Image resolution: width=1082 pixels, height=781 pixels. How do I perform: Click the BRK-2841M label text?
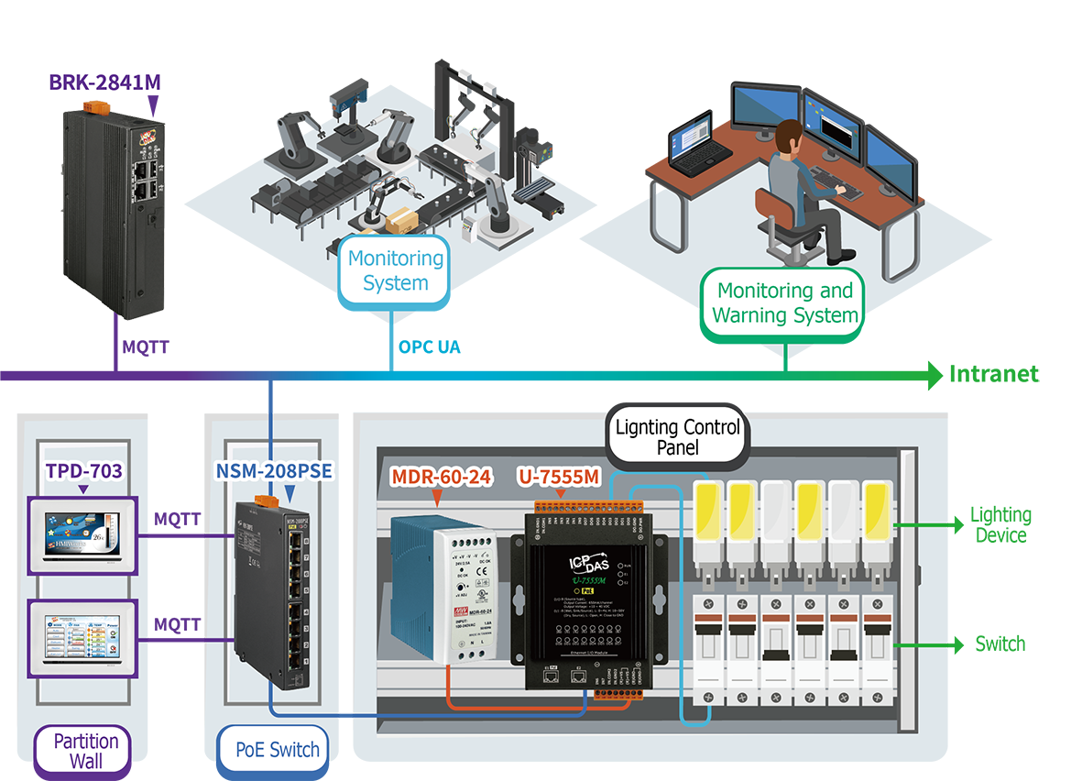pyautogui.click(x=104, y=82)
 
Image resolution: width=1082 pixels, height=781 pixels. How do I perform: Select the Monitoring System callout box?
pyautogui.click(x=395, y=270)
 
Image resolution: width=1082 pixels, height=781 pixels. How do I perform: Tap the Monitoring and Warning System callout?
pyautogui.click(x=785, y=303)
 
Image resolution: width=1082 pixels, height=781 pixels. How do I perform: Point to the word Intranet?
pyautogui.click(x=994, y=374)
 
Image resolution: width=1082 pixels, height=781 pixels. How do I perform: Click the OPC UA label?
pyautogui.click(x=429, y=347)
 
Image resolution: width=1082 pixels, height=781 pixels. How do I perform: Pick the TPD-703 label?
pyautogui.click(x=83, y=472)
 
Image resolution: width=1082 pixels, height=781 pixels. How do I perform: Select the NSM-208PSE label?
pyautogui.click(x=273, y=471)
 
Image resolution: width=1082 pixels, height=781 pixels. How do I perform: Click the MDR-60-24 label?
pyautogui.click(x=442, y=477)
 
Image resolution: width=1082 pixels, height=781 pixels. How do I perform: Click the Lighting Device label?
pyautogui.click(x=1000, y=525)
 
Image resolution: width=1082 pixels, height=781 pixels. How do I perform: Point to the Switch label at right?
pyautogui.click(x=1000, y=644)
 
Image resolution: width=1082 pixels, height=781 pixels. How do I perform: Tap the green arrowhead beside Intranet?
pyautogui.click(x=934, y=375)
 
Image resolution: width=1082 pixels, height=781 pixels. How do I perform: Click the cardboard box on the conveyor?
pyautogui.click(x=400, y=221)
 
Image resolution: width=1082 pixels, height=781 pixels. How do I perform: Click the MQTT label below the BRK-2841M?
pyautogui.click(x=145, y=347)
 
